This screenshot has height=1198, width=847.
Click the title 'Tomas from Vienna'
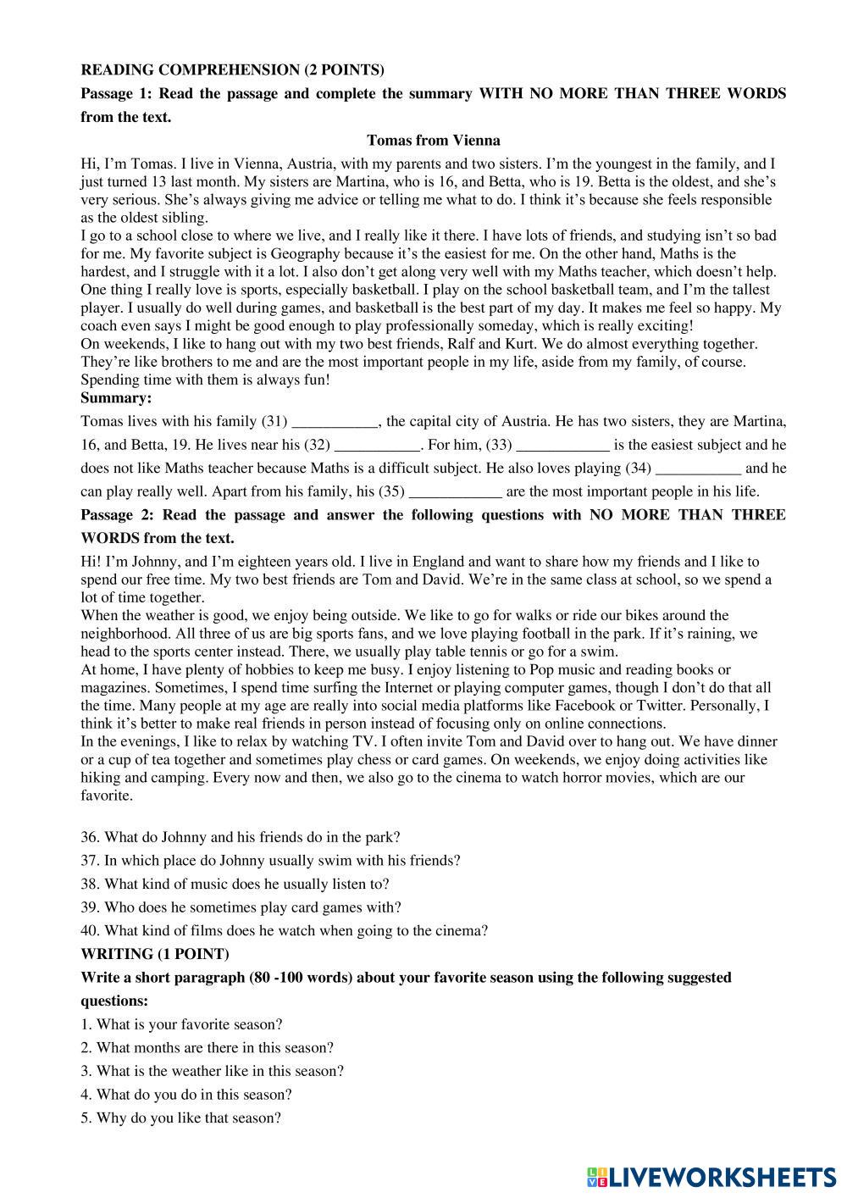click(433, 141)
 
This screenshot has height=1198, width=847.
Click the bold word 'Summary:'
click(116, 397)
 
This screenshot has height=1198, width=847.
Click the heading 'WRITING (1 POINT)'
click(154, 954)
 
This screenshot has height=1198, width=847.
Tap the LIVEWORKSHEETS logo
click(711, 1176)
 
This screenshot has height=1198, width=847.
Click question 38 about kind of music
click(235, 884)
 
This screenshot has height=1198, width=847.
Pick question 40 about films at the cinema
click(285, 930)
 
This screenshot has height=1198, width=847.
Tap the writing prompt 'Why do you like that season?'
click(181, 1118)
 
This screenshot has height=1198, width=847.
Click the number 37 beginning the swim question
click(90, 860)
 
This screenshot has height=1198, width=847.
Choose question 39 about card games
click(241, 907)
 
